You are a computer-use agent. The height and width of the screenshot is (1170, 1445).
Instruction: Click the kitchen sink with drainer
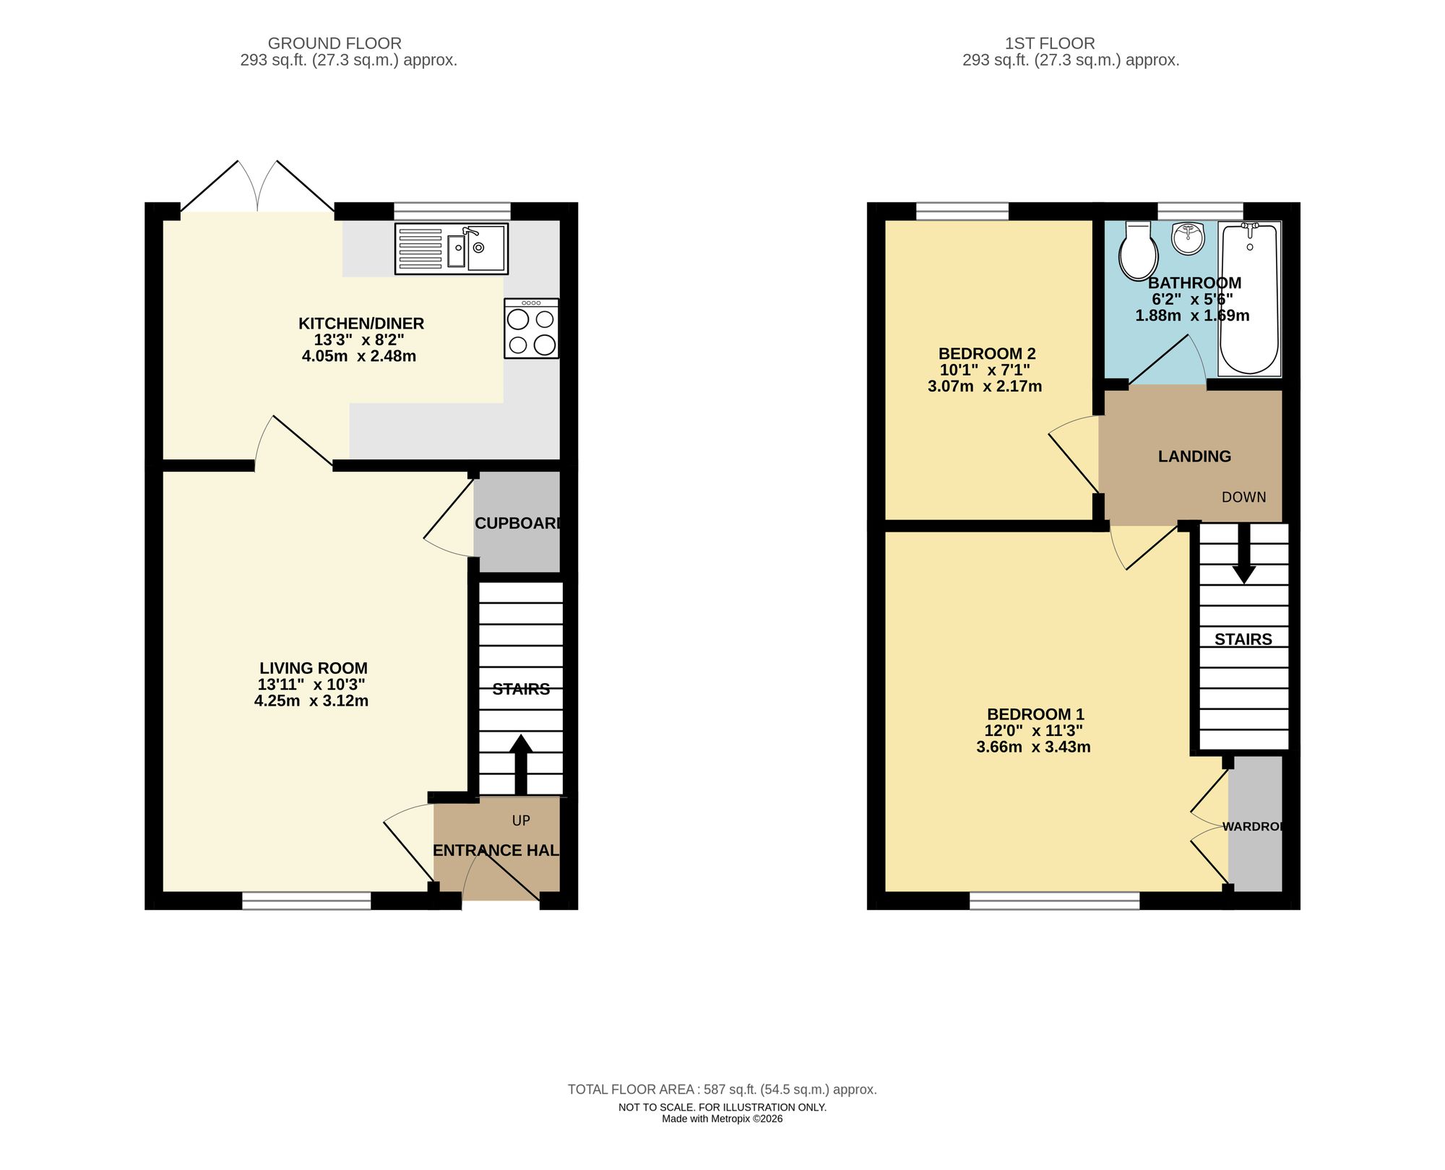452,248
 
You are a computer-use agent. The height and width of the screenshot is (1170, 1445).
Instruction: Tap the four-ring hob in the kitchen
532,329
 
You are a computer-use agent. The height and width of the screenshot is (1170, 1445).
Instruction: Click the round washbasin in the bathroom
1189,239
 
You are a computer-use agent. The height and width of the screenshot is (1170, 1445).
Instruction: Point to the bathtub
1249,300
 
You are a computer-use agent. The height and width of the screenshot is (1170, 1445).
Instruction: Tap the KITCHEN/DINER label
361,324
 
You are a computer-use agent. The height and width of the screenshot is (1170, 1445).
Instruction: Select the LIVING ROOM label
314,668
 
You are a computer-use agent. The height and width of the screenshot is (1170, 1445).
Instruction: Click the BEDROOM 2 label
986,354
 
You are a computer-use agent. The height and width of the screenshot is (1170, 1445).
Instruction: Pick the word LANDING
1194,456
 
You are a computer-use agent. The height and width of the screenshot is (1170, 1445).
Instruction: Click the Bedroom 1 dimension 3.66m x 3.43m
1033,747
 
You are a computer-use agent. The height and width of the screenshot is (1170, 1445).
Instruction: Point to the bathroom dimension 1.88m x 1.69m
1192,316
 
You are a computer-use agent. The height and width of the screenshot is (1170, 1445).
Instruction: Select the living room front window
306,900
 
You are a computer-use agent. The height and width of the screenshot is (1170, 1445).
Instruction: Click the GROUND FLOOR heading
335,43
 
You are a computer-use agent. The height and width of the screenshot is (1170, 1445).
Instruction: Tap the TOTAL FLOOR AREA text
722,1089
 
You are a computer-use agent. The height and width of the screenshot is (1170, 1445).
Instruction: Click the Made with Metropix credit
722,1119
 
